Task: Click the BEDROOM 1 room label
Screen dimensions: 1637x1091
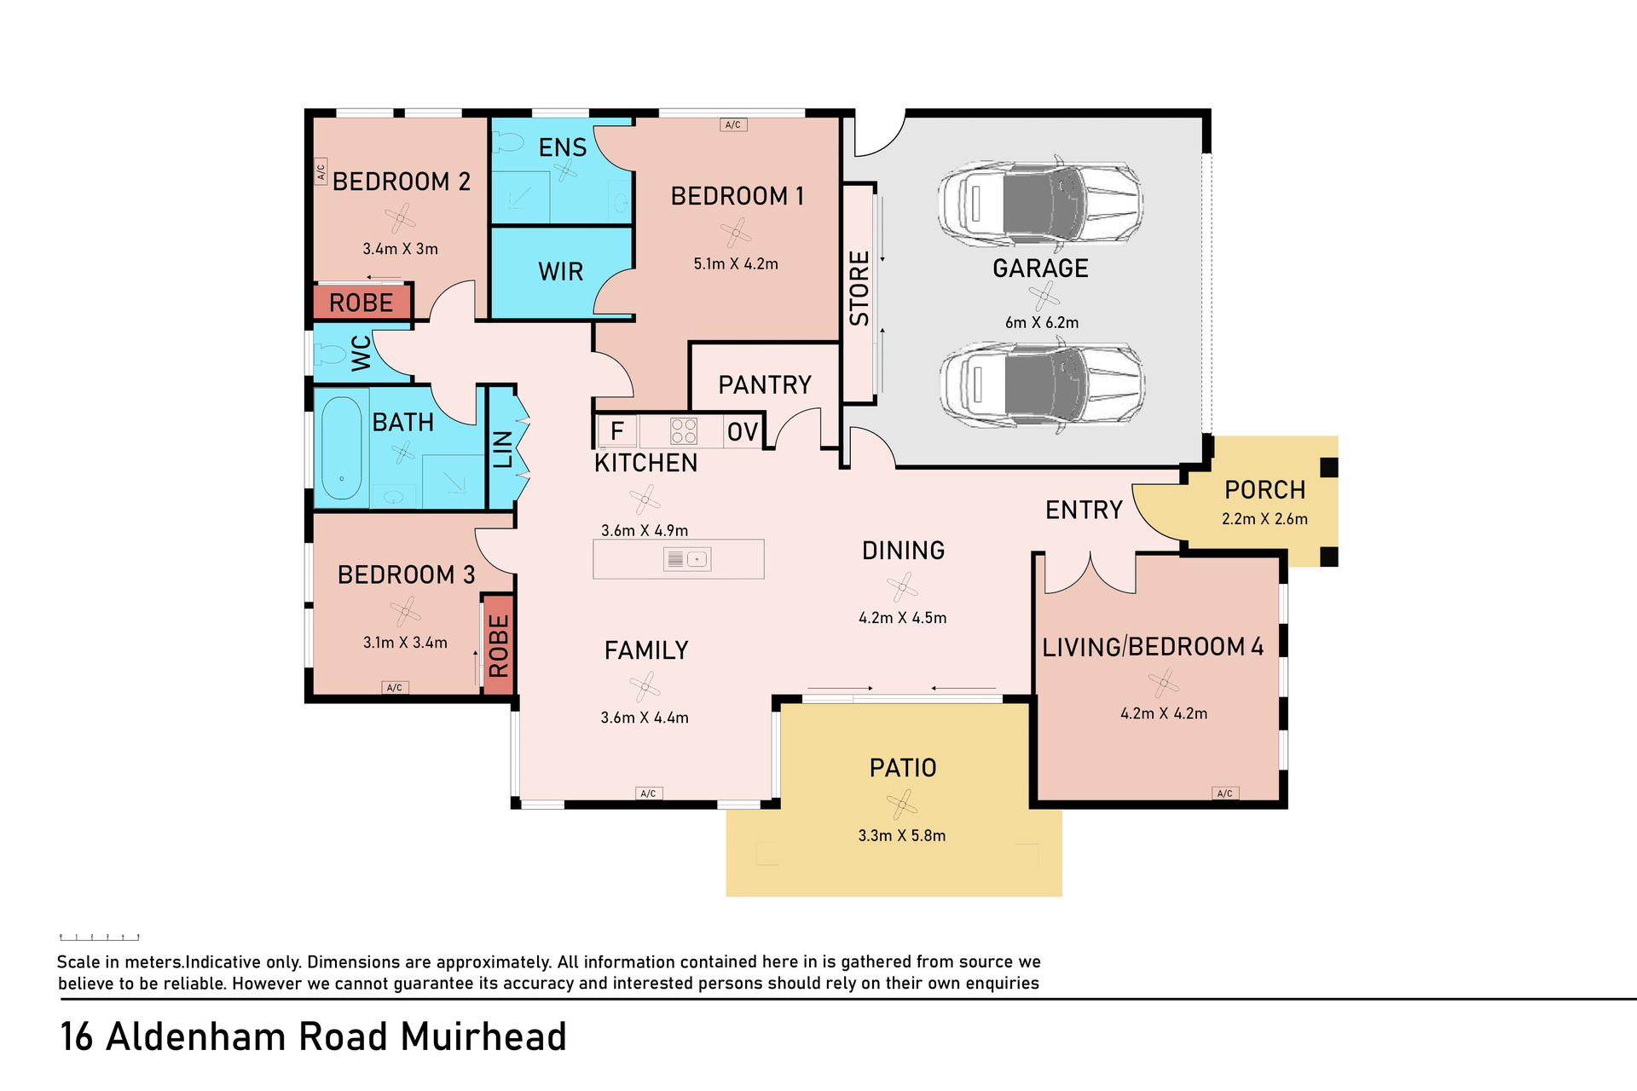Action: [x=738, y=196]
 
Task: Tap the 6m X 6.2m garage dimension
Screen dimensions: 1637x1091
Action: [x=1042, y=323]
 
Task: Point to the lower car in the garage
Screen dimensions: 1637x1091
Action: [x=1042, y=384]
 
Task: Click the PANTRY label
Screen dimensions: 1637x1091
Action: [x=765, y=385]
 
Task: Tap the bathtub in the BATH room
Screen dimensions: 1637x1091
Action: [x=342, y=448]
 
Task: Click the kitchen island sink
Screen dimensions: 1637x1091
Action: [x=687, y=559]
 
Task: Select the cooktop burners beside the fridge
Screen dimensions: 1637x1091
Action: [x=684, y=431]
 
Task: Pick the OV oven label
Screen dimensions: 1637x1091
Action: [x=743, y=432]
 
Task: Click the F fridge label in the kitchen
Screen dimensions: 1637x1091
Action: [x=617, y=431]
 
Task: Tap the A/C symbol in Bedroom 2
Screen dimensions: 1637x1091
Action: [x=321, y=171]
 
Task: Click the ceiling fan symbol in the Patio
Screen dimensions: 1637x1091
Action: [x=902, y=804]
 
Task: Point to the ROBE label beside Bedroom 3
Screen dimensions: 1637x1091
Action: [x=499, y=645]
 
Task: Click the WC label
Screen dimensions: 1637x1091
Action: [x=362, y=353]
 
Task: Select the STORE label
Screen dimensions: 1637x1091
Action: [x=859, y=288]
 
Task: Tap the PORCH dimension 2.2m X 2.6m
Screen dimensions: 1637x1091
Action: [x=1264, y=519]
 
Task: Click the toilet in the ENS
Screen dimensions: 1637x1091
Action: [x=508, y=141]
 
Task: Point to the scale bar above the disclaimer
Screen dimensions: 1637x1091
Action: [x=100, y=938]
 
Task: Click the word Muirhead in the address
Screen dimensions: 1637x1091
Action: [x=483, y=1037]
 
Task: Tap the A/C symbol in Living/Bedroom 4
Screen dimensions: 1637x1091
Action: [x=1225, y=794]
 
